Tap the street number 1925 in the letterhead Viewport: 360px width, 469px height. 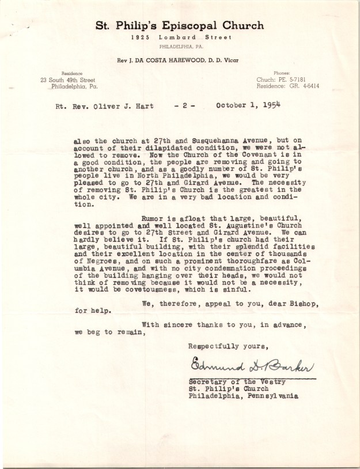pyautogui.click(x=139, y=37)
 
